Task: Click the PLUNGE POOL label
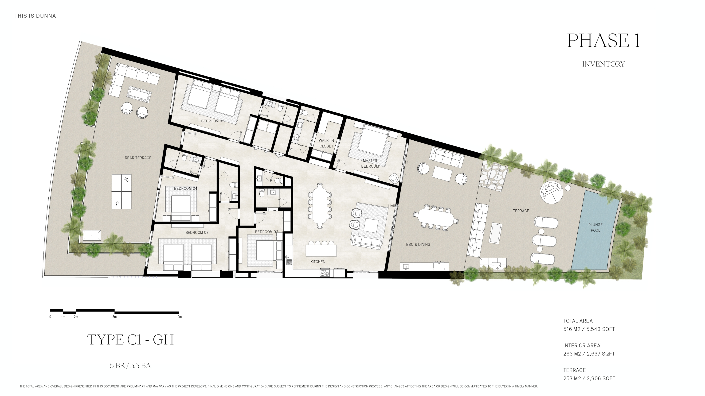(595, 227)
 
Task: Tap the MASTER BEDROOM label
(370, 163)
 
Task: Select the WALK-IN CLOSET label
(326, 143)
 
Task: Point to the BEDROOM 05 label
(212, 121)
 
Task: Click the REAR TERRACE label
(138, 158)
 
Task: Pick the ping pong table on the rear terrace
(121, 192)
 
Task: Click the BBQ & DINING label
(418, 244)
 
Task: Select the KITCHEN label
(318, 261)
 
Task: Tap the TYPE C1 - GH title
(130, 340)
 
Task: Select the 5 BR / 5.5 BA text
(130, 366)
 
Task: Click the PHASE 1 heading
(603, 41)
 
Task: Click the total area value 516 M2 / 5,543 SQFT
(589, 329)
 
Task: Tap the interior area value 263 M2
(572, 354)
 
